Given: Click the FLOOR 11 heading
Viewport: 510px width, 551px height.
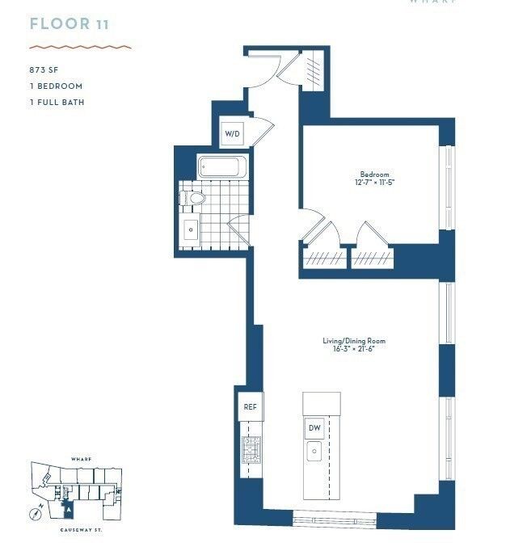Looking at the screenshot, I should coord(69,23).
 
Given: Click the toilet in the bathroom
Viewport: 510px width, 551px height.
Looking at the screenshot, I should coord(194,198).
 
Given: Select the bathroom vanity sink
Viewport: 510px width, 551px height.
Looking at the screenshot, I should coord(192,229).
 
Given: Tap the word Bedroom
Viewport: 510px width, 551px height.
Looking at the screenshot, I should coord(374,175).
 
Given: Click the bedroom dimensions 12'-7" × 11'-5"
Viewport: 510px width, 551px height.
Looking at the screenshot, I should coord(374,183).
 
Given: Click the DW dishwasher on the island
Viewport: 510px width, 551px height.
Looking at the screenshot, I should coord(314,427).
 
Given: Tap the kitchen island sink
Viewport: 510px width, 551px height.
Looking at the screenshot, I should coord(314,451).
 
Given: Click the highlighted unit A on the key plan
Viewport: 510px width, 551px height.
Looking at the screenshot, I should coord(69,510).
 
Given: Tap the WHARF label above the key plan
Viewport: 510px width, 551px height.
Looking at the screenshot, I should coord(80,458).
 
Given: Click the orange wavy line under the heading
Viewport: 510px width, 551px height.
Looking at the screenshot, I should coord(79,47).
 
